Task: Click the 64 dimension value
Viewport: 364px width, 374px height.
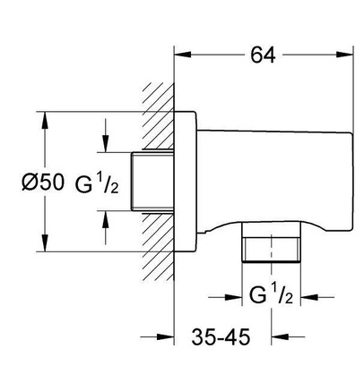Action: pos(263,55)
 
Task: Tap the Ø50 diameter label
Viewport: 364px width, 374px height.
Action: pos(43,182)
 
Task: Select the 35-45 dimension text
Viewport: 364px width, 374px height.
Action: pos(221,337)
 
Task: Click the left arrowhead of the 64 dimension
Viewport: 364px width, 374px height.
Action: pos(182,55)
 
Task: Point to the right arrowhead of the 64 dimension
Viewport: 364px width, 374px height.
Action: pos(344,55)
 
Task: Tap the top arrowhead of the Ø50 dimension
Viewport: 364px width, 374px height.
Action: pos(45,120)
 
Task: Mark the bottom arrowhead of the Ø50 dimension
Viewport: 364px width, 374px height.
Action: pos(45,243)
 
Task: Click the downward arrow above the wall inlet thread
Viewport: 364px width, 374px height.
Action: pos(105,144)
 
